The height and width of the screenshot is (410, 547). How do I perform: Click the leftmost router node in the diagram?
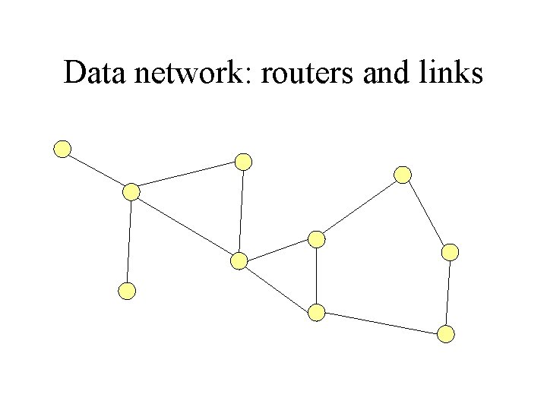[x=62, y=149]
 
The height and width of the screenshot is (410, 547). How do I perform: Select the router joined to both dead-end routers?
[x=131, y=192]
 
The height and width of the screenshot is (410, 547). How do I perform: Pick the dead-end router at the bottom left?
[x=128, y=290]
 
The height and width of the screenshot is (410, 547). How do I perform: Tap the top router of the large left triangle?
[x=243, y=161]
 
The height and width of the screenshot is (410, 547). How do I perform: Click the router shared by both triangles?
[x=239, y=261]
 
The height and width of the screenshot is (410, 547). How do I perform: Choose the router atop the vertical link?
[x=317, y=239]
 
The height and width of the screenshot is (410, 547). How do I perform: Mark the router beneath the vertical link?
[x=317, y=312]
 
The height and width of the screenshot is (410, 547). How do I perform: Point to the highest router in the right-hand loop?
[x=403, y=175]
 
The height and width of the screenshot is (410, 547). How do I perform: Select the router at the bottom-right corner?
[x=447, y=333]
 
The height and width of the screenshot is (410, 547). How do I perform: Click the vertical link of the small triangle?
[x=317, y=276]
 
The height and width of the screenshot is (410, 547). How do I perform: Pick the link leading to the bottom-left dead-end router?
[x=129, y=241]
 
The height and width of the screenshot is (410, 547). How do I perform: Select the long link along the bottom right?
[x=381, y=323]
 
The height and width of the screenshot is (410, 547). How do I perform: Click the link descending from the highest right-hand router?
[x=427, y=213]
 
